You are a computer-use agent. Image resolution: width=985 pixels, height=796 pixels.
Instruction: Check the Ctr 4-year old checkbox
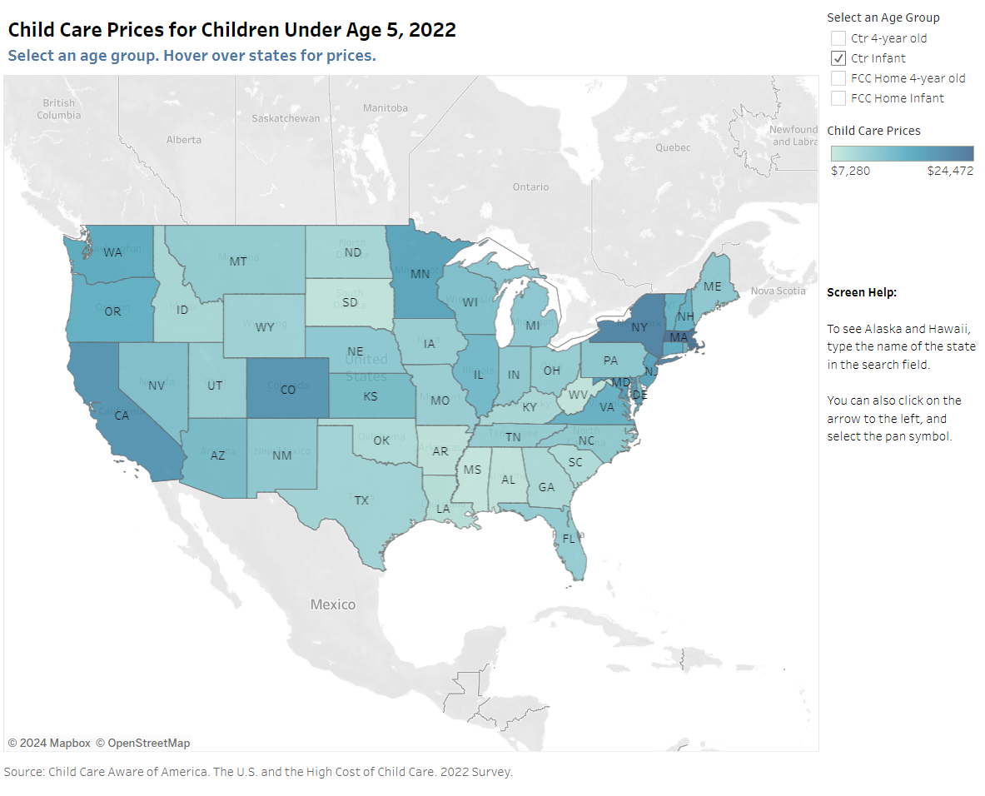(x=838, y=38)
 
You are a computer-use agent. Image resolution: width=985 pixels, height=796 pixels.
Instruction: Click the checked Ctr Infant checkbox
(x=838, y=58)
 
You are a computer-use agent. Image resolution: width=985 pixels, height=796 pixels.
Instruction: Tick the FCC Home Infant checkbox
(x=838, y=98)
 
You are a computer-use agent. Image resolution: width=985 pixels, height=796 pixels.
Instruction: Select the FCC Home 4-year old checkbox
(x=838, y=78)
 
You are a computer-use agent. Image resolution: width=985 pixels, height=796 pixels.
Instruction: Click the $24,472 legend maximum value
(x=950, y=171)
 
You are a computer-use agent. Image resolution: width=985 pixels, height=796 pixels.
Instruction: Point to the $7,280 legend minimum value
(x=850, y=171)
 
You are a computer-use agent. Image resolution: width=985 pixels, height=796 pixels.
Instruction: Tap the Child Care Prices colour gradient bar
(x=902, y=153)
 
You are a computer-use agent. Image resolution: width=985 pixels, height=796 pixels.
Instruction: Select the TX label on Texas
(x=361, y=500)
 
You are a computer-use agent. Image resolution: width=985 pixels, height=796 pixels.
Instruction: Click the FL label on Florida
(x=569, y=539)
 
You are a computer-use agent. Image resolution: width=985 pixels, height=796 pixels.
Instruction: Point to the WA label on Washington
(x=114, y=252)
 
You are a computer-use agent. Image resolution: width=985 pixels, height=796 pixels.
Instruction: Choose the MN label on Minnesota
(x=420, y=273)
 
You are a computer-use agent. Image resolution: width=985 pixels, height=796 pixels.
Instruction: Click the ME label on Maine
(x=713, y=286)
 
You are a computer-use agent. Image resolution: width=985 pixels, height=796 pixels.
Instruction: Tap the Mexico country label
(x=333, y=604)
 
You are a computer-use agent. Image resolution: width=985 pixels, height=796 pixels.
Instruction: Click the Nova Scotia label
(x=779, y=291)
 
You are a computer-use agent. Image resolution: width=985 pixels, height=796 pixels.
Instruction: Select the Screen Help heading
(x=862, y=293)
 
